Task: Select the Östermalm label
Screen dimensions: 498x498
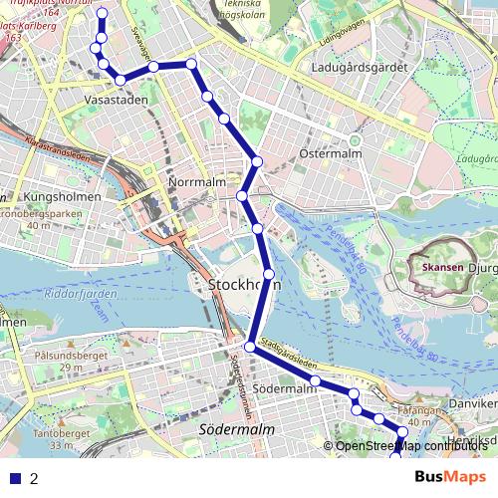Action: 328,155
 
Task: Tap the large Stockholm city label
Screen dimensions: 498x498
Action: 244,285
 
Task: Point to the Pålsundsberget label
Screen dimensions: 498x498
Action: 57,355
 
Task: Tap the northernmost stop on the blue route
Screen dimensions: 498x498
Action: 102,13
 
